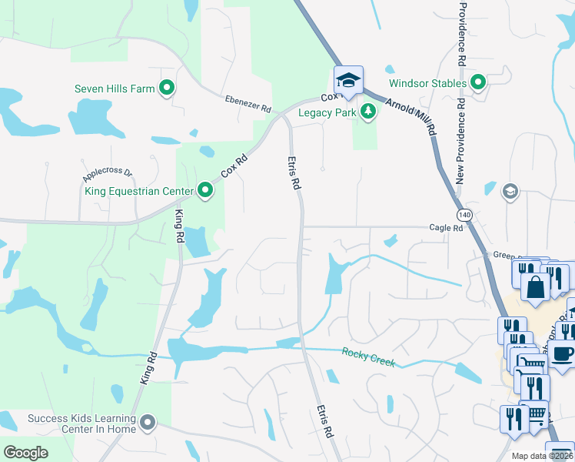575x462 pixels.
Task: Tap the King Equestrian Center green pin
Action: [205, 189]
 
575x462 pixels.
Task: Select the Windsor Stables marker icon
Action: [478, 82]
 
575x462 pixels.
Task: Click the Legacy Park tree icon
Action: [369, 112]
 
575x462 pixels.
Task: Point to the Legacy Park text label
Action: [327, 112]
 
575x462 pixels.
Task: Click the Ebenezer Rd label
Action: [248, 104]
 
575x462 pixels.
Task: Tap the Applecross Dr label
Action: [108, 175]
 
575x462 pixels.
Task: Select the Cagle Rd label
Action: [447, 228]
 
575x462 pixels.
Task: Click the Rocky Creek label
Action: [368, 357]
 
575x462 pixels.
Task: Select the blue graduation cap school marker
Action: [348, 80]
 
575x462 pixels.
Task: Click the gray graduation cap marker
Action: [510, 191]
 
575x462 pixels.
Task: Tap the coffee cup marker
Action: [563, 353]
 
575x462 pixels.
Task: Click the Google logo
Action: [26, 453]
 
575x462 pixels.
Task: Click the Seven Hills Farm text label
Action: [115, 89]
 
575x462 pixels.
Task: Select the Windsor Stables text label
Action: [427, 82]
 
